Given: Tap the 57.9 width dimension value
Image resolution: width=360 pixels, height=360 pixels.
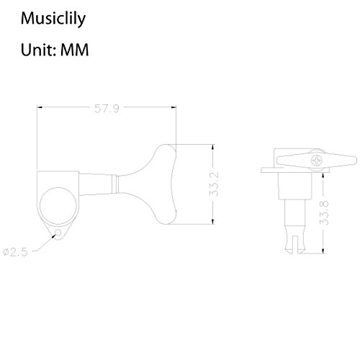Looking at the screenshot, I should (106, 109).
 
